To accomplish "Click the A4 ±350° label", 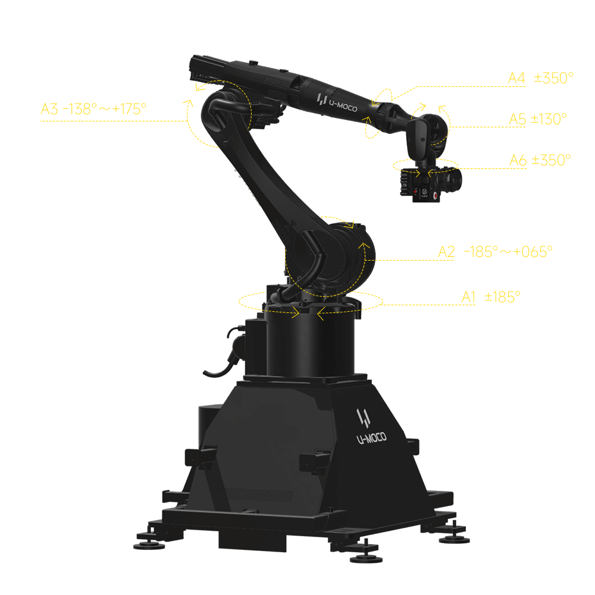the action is pyautogui.click(x=540, y=78).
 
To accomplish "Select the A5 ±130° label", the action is pyautogui.click(x=538, y=119).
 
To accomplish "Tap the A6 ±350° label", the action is pyautogui.click(x=540, y=160).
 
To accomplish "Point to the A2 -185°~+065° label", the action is pyautogui.click(x=495, y=252).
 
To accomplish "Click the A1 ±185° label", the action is pyautogui.click(x=491, y=297).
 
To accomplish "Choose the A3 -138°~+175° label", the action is pyautogui.click(x=93, y=109).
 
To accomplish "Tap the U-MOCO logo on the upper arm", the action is pyautogui.click(x=337, y=102).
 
